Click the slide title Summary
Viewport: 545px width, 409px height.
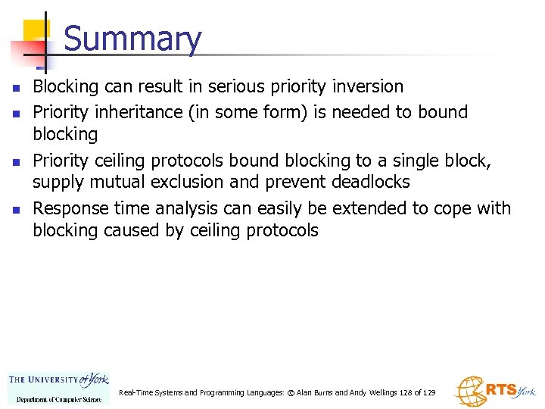tap(132, 39)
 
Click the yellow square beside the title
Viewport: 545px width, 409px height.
tap(36, 32)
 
